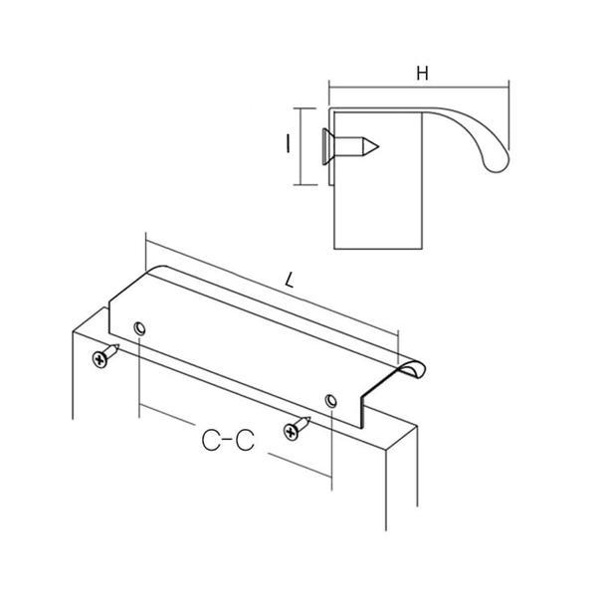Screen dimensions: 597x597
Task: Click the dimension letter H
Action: pyautogui.click(x=422, y=73)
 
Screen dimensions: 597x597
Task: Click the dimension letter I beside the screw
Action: pyautogui.click(x=288, y=144)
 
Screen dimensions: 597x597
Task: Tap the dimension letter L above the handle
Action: pyautogui.click(x=291, y=280)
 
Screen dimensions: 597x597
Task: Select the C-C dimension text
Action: pyautogui.click(x=228, y=441)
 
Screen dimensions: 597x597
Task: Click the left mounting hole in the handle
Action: pyautogui.click(x=139, y=327)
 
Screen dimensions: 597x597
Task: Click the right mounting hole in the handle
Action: pyautogui.click(x=330, y=401)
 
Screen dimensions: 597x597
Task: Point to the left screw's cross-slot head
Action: pyautogui.click(x=99, y=359)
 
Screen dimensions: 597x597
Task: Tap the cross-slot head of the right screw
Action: pyautogui.click(x=291, y=432)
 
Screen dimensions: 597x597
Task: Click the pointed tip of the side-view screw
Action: pyautogui.click(x=378, y=146)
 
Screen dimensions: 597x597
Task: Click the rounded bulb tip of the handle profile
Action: pyautogui.click(x=497, y=164)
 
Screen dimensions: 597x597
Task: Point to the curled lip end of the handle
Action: pyautogui.click(x=413, y=368)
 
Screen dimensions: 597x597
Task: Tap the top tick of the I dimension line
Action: pyautogui.click(x=305, y=108)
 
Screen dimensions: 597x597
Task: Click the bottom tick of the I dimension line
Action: pyautogui.click(x=305, y=185)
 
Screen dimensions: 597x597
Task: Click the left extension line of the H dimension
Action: pyautogui.click(x=329, y=93)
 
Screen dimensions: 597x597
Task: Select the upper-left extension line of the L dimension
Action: pyautogui.click(x=146, y=252)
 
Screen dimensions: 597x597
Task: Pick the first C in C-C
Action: pyautogui.click(x=212, y=441)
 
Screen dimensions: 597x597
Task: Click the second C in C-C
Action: pyautogui.click(x=245, y=441)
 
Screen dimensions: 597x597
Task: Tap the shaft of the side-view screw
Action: pyautogui.click(x=348, y=146)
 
